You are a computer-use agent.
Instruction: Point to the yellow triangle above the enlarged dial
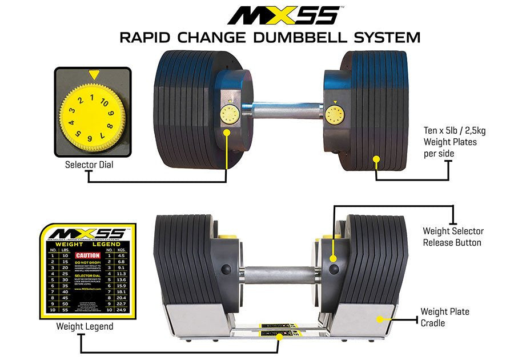click(94, 74)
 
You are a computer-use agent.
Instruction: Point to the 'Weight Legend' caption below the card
click(85, 327)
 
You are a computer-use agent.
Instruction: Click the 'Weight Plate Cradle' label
click(445, 317)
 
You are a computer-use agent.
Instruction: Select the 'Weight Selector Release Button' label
click(453, 237)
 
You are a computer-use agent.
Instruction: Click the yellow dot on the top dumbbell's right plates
click(376, 159)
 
